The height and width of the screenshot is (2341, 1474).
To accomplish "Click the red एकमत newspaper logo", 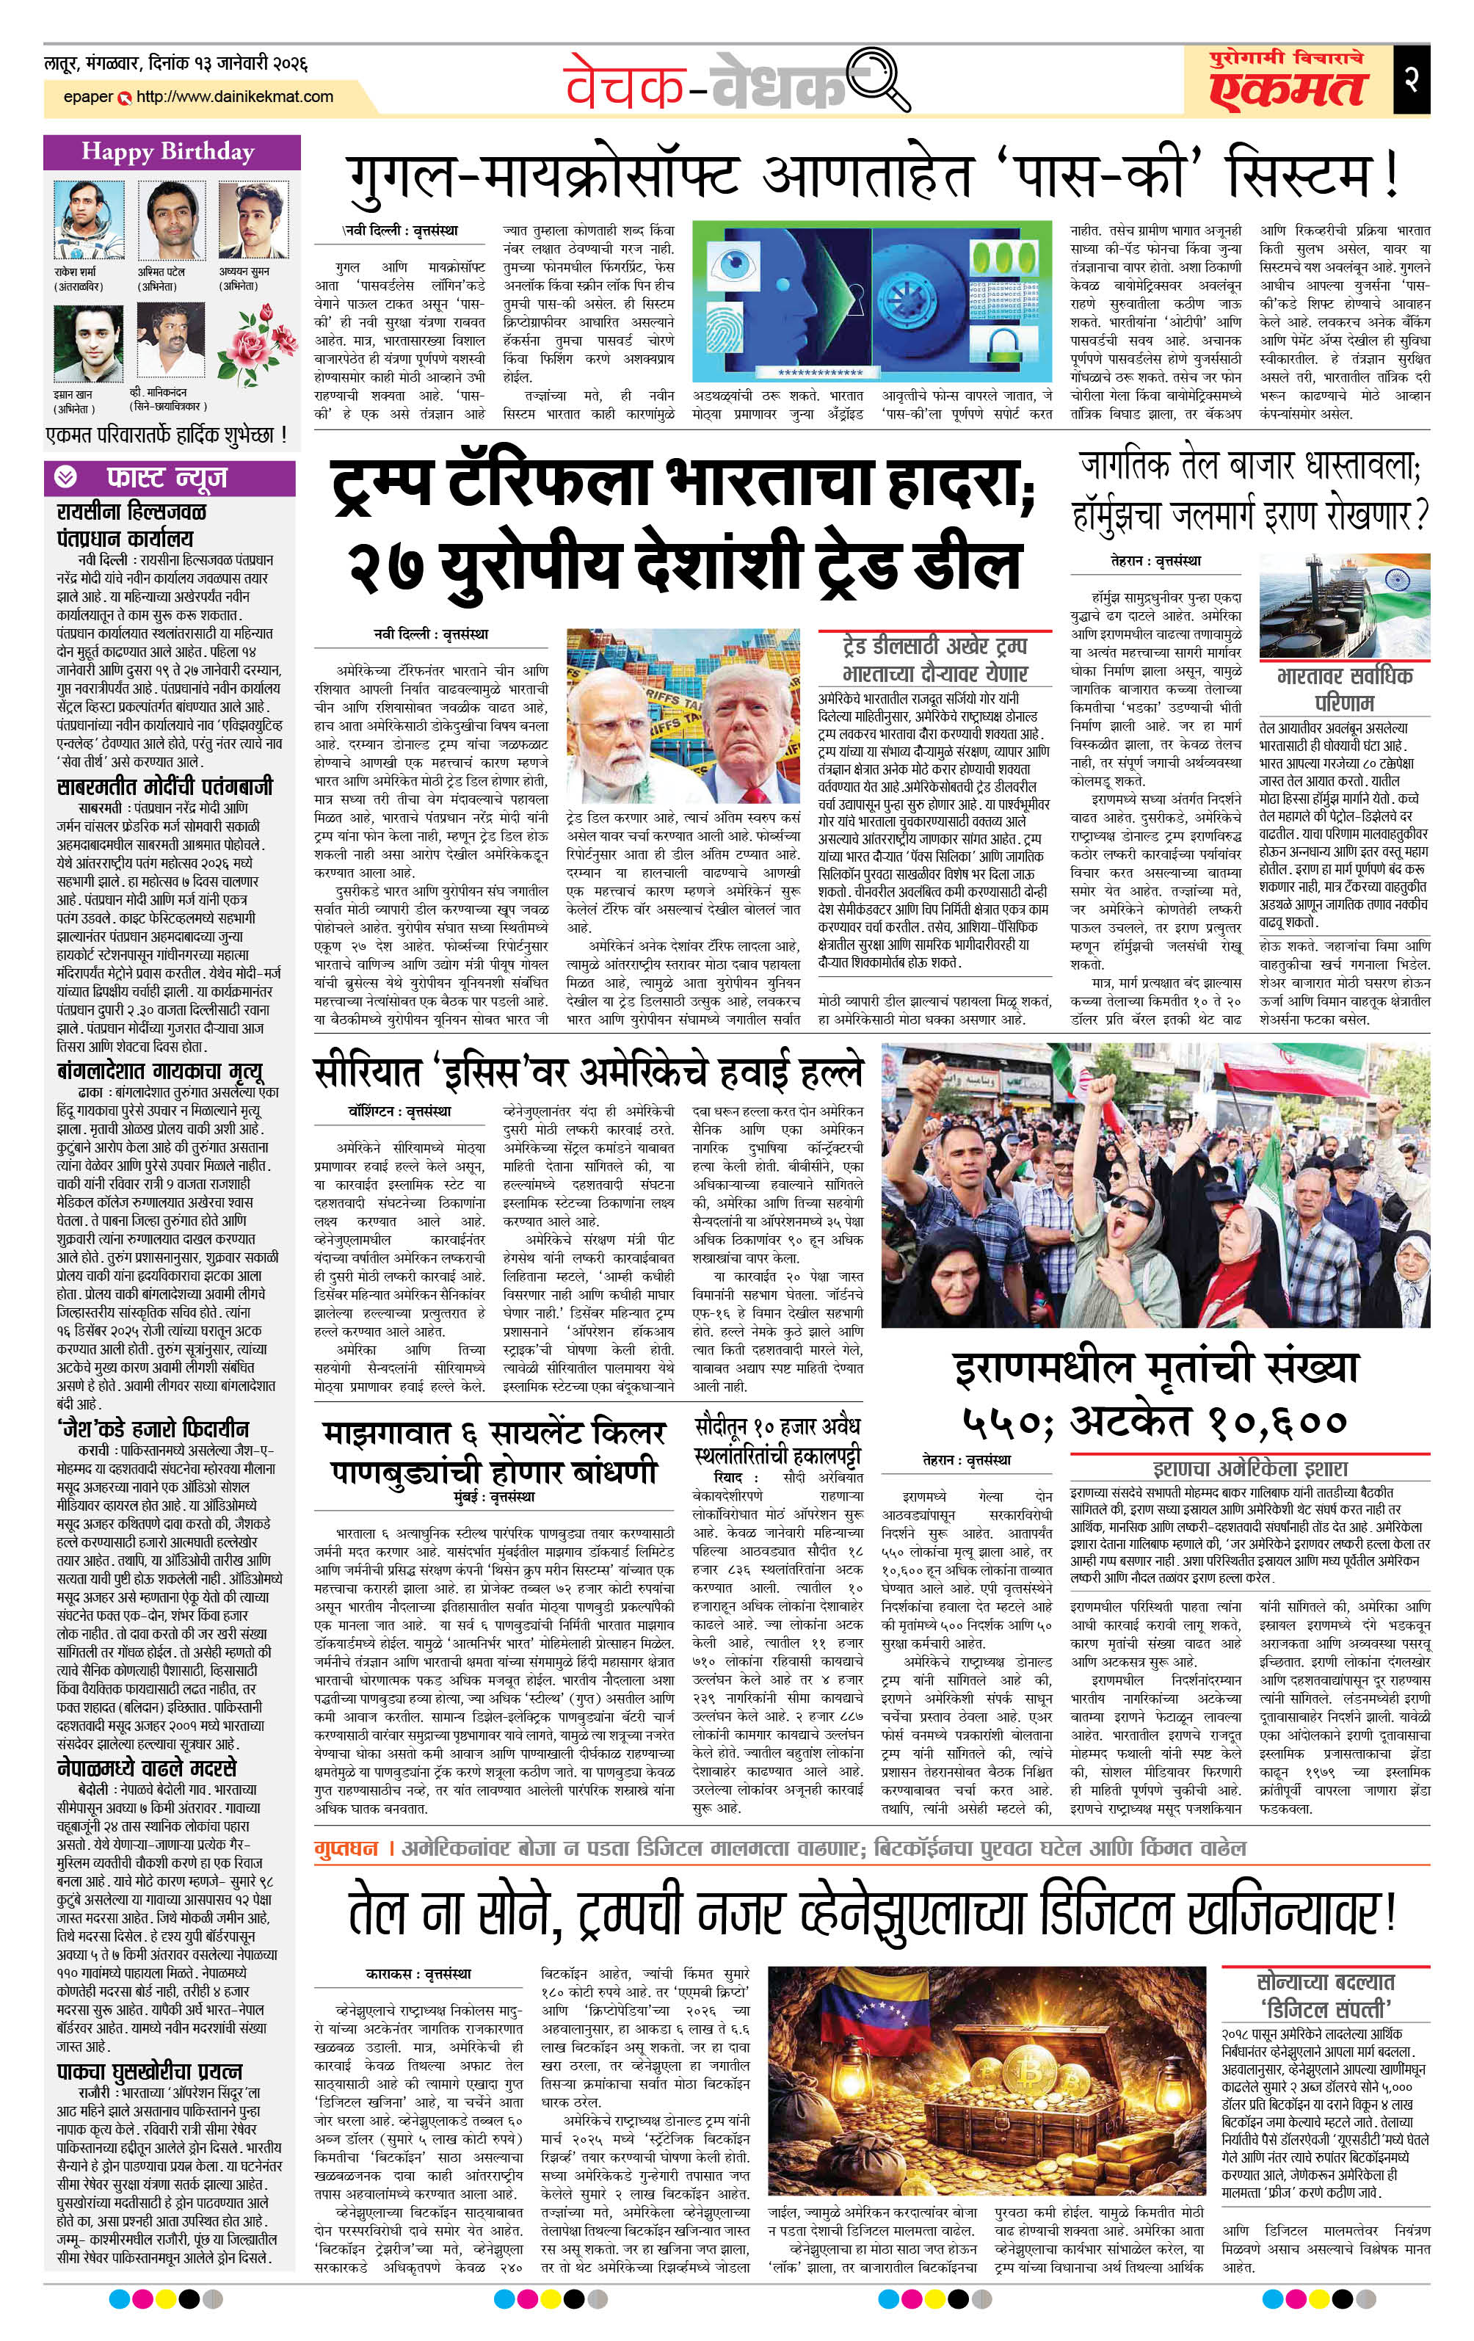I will tap(1288, 87).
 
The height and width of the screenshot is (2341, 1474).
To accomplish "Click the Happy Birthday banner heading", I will tap(167, 152).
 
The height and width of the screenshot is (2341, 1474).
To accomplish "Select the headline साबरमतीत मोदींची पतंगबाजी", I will tap(164, 786).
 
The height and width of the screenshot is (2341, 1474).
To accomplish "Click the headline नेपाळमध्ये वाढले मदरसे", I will tap(147, 1768).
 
